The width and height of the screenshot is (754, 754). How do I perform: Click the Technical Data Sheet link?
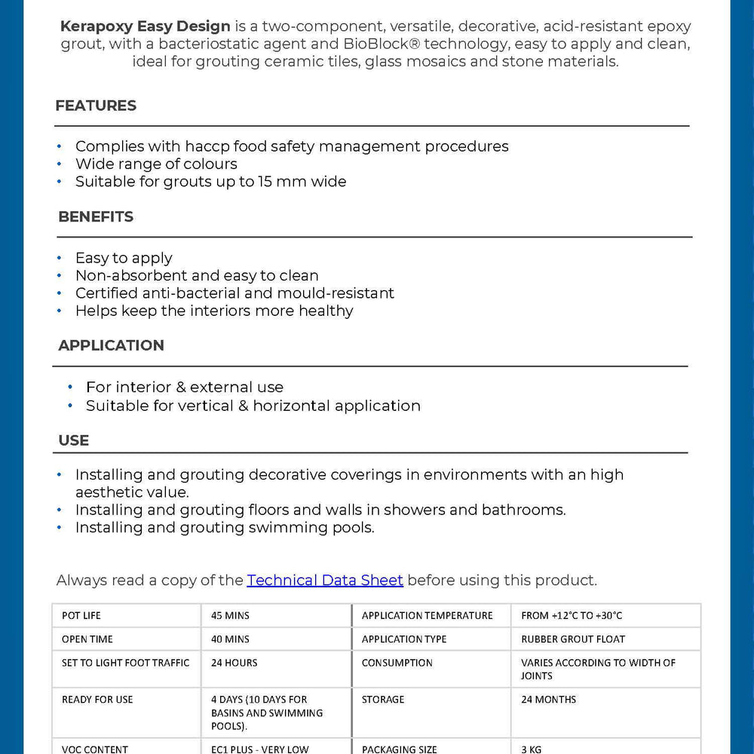[x=325, y=580]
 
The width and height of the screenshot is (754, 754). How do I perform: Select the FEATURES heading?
[x=96, y=106]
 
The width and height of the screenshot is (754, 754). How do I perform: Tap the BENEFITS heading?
[x=96, y=217]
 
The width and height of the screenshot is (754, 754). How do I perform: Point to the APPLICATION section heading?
[x=111, y=345]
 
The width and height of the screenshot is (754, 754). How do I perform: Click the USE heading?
[x=73, y=440]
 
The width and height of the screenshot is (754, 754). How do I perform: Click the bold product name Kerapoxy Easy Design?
[x=146, y=26]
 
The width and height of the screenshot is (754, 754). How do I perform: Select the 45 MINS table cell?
[x=230, y=615]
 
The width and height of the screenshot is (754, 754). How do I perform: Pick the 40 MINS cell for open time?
[x=230, y=639]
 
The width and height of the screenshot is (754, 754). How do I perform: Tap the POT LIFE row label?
[x=81, y=615]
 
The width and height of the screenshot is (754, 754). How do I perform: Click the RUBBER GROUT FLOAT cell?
[x=573, y=639]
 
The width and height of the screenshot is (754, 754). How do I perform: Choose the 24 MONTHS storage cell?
[x=548, y=699]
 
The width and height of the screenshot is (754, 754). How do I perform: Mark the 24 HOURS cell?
[x=234, y=663]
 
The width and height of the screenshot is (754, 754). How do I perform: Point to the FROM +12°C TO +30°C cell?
[x=572, y=615]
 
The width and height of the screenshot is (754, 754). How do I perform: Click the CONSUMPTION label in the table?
[x=397, y=663]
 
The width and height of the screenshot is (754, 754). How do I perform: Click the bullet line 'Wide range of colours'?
[x=156, y=164]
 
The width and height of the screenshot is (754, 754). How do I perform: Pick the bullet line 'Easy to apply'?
[x=124, y=258]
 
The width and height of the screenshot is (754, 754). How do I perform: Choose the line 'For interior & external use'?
[x=185, y=387]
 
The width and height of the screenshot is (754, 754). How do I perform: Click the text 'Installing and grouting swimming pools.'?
[x=225, y=527]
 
